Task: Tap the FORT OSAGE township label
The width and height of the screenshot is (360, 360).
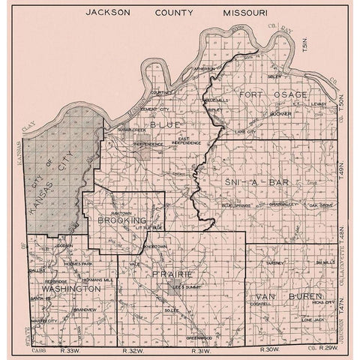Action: click(273, 94)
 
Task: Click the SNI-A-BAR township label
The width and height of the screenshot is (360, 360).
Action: click(252, 182)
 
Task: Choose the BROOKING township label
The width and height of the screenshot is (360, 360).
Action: click(121, 221)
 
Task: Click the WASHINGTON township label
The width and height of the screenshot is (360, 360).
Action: click(71, 288)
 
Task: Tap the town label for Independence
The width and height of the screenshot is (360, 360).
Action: click(148, 143)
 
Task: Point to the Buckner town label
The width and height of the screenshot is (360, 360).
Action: click(280, 114)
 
